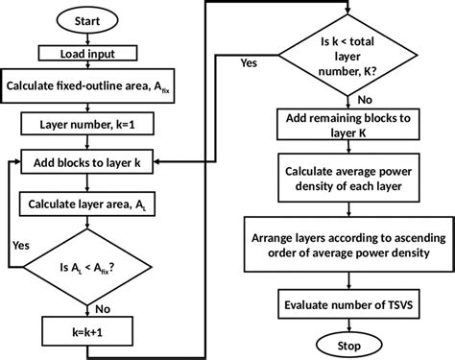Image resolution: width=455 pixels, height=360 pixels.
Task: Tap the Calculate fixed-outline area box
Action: (93, 87)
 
